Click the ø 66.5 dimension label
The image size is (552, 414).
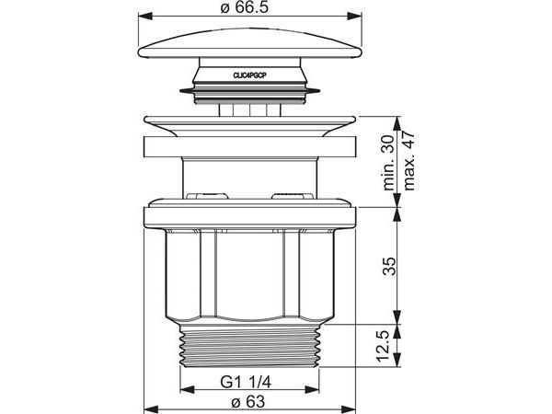pos(245,7)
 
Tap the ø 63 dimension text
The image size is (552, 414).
pos(247,402)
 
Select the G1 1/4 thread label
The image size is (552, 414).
pos(246,382)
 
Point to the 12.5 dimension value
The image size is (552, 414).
pos(382,346)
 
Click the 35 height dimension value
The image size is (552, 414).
pos(389,266)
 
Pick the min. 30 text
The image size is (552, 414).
pos(388,163)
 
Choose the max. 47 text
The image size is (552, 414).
pos(408,161)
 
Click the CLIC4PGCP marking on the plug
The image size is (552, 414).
pos(249,75)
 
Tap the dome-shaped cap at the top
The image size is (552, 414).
pos(249,43)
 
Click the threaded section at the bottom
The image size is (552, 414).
pos(249,346)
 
